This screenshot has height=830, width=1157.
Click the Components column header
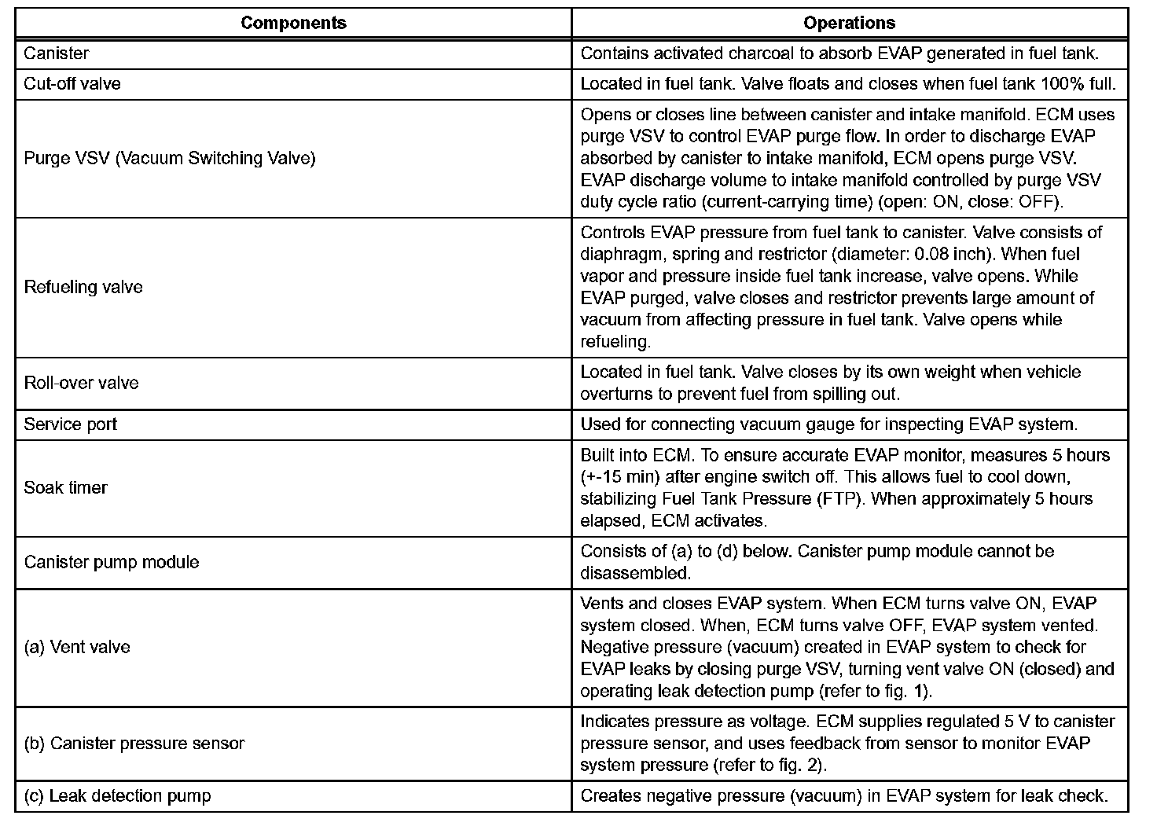293,23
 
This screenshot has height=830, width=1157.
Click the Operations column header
849,23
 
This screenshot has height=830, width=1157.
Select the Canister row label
56,53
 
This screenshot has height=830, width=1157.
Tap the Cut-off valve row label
72,83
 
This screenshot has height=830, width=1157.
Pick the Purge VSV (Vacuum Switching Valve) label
170,158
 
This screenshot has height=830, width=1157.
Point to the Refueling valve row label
83,287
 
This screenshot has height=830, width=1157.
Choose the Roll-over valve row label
81,383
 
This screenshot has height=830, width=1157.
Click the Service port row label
70,424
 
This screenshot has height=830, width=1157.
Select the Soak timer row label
65,487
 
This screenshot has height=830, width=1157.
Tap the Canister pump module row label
112,562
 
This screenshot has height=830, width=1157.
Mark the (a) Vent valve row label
77,647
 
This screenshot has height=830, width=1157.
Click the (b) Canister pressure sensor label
134,744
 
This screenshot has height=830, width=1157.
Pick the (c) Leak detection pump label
117,795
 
